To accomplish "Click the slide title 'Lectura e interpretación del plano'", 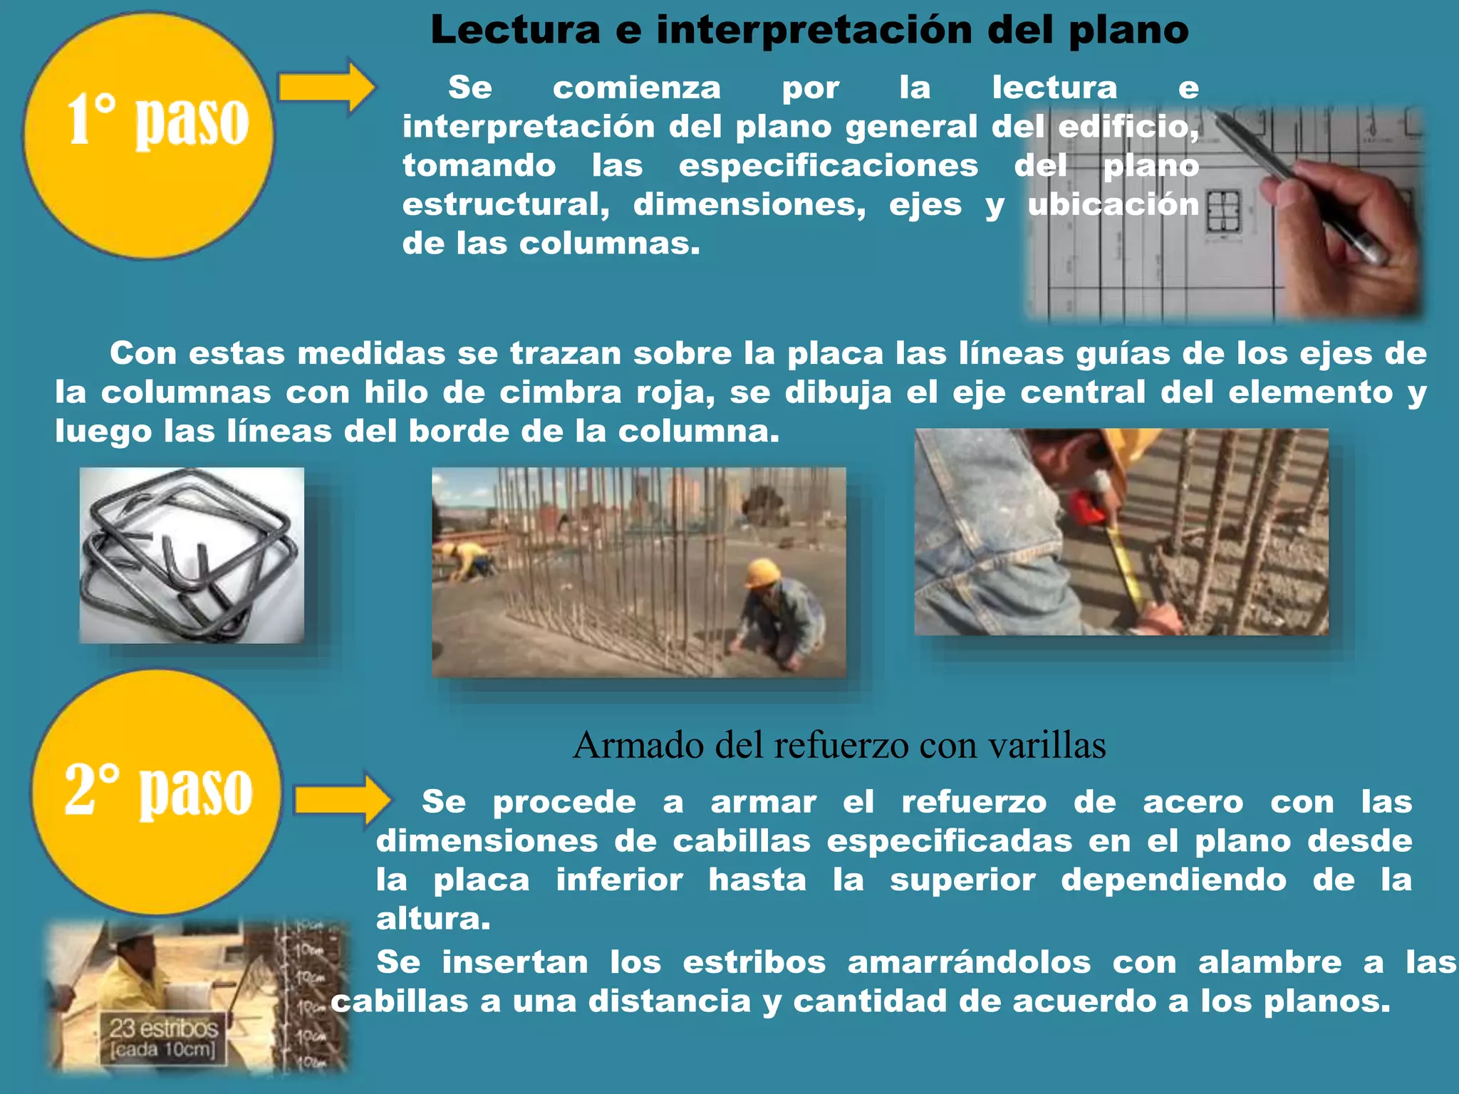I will (809, 30).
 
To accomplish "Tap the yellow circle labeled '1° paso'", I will (148, 135).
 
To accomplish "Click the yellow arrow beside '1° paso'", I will (326, 87).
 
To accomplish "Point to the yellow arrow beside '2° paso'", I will (342, 801).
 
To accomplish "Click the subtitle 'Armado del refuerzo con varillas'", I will (839, 746).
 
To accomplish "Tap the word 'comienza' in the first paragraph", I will (636, 88).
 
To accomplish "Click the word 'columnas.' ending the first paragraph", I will (610, 244).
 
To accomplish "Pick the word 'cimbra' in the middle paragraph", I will (560, 392).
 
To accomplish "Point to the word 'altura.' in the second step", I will (433, 919).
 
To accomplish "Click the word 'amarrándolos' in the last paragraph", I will (969, 962).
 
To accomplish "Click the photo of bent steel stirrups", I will (191, 556).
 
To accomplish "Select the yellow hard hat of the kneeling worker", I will (762, 572).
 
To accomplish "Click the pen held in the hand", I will (1297, 185).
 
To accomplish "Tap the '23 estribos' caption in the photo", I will (163, 1028).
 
